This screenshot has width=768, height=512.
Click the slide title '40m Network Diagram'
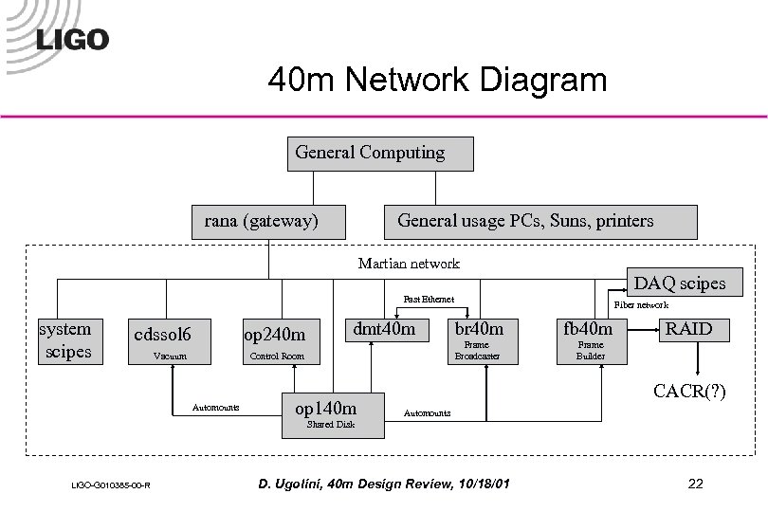click(x=437, y=80)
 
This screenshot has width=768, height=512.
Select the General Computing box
click(x=379, y=154)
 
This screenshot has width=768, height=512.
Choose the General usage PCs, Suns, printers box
click(x=539, y=222)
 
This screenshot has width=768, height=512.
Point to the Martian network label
click(x=409, y=264)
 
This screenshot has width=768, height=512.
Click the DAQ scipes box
click(x=679, y=283)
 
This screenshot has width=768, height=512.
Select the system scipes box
click(x=65, y=340)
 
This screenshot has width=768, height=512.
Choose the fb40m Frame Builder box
click(x=590, y=340)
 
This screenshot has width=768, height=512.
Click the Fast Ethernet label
click(x=428, y=300)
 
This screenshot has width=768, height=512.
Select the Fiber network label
click(x=641, y=305)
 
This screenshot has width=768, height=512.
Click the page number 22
click(x=696, y=485)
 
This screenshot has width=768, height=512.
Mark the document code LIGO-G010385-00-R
click(x=105, y=486)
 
